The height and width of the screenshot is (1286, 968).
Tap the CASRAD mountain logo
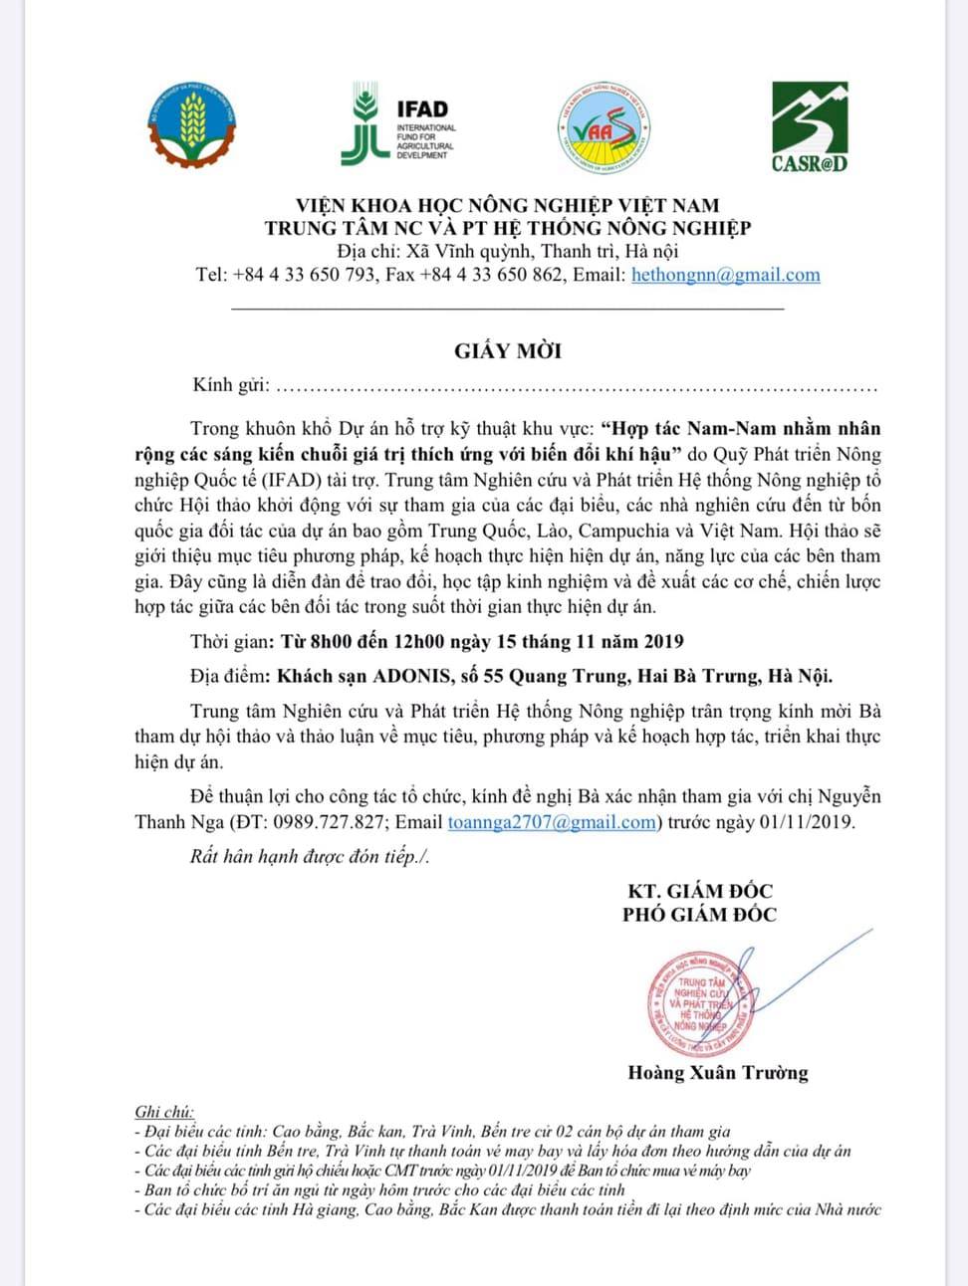click(810, 126)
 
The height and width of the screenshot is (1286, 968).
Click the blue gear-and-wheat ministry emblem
click(192, 124)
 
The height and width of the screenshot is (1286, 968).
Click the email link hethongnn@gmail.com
click(725, 275)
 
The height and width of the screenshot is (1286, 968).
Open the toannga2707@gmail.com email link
click(552, 822)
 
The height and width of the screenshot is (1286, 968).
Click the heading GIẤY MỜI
click(508, 350)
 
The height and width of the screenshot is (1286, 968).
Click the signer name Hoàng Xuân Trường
click(717, 1073)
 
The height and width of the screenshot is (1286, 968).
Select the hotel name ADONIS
click(410, 677)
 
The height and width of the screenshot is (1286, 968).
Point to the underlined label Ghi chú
click(164, 1112)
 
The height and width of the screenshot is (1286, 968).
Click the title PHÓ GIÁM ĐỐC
click(700, 915)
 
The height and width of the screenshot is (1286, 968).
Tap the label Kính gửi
click(231, 385)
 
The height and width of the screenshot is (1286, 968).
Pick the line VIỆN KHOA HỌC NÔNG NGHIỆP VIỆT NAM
click(507, 205)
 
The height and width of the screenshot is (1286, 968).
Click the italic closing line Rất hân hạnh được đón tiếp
click(309, 857)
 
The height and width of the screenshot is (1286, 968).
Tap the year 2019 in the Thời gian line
click(663, 642)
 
